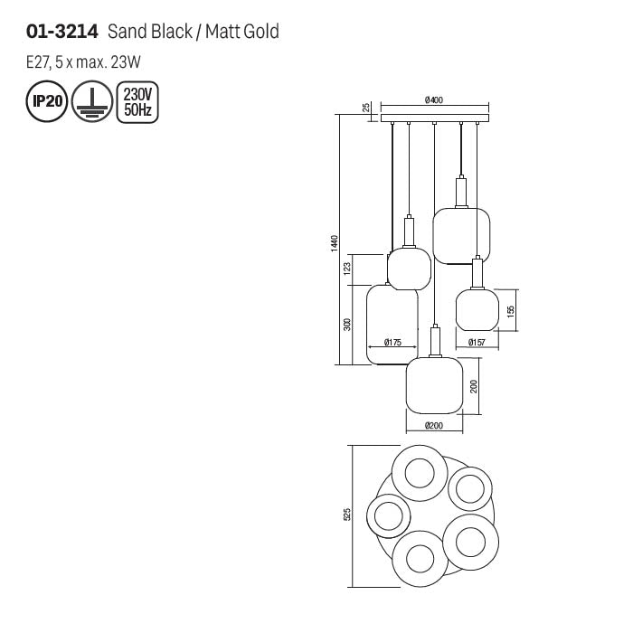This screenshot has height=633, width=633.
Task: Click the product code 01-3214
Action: [x=62, y=32]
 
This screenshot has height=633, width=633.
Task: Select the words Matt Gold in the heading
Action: [x=242, y=32]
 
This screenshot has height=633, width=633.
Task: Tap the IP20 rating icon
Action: [x=47, y=101]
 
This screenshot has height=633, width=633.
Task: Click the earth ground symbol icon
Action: [x=92, y=101]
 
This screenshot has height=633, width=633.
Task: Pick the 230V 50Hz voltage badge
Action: [x=137, y=101]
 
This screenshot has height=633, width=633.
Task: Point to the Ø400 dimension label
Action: [x=434, y=99]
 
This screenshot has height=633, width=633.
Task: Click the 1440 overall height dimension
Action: [x=335, y=243]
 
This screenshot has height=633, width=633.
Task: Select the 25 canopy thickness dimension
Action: [x=365, y=108]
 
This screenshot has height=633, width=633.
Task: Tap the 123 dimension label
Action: [x=347, y=269]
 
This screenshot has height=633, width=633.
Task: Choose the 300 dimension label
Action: [x=347, y=324]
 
